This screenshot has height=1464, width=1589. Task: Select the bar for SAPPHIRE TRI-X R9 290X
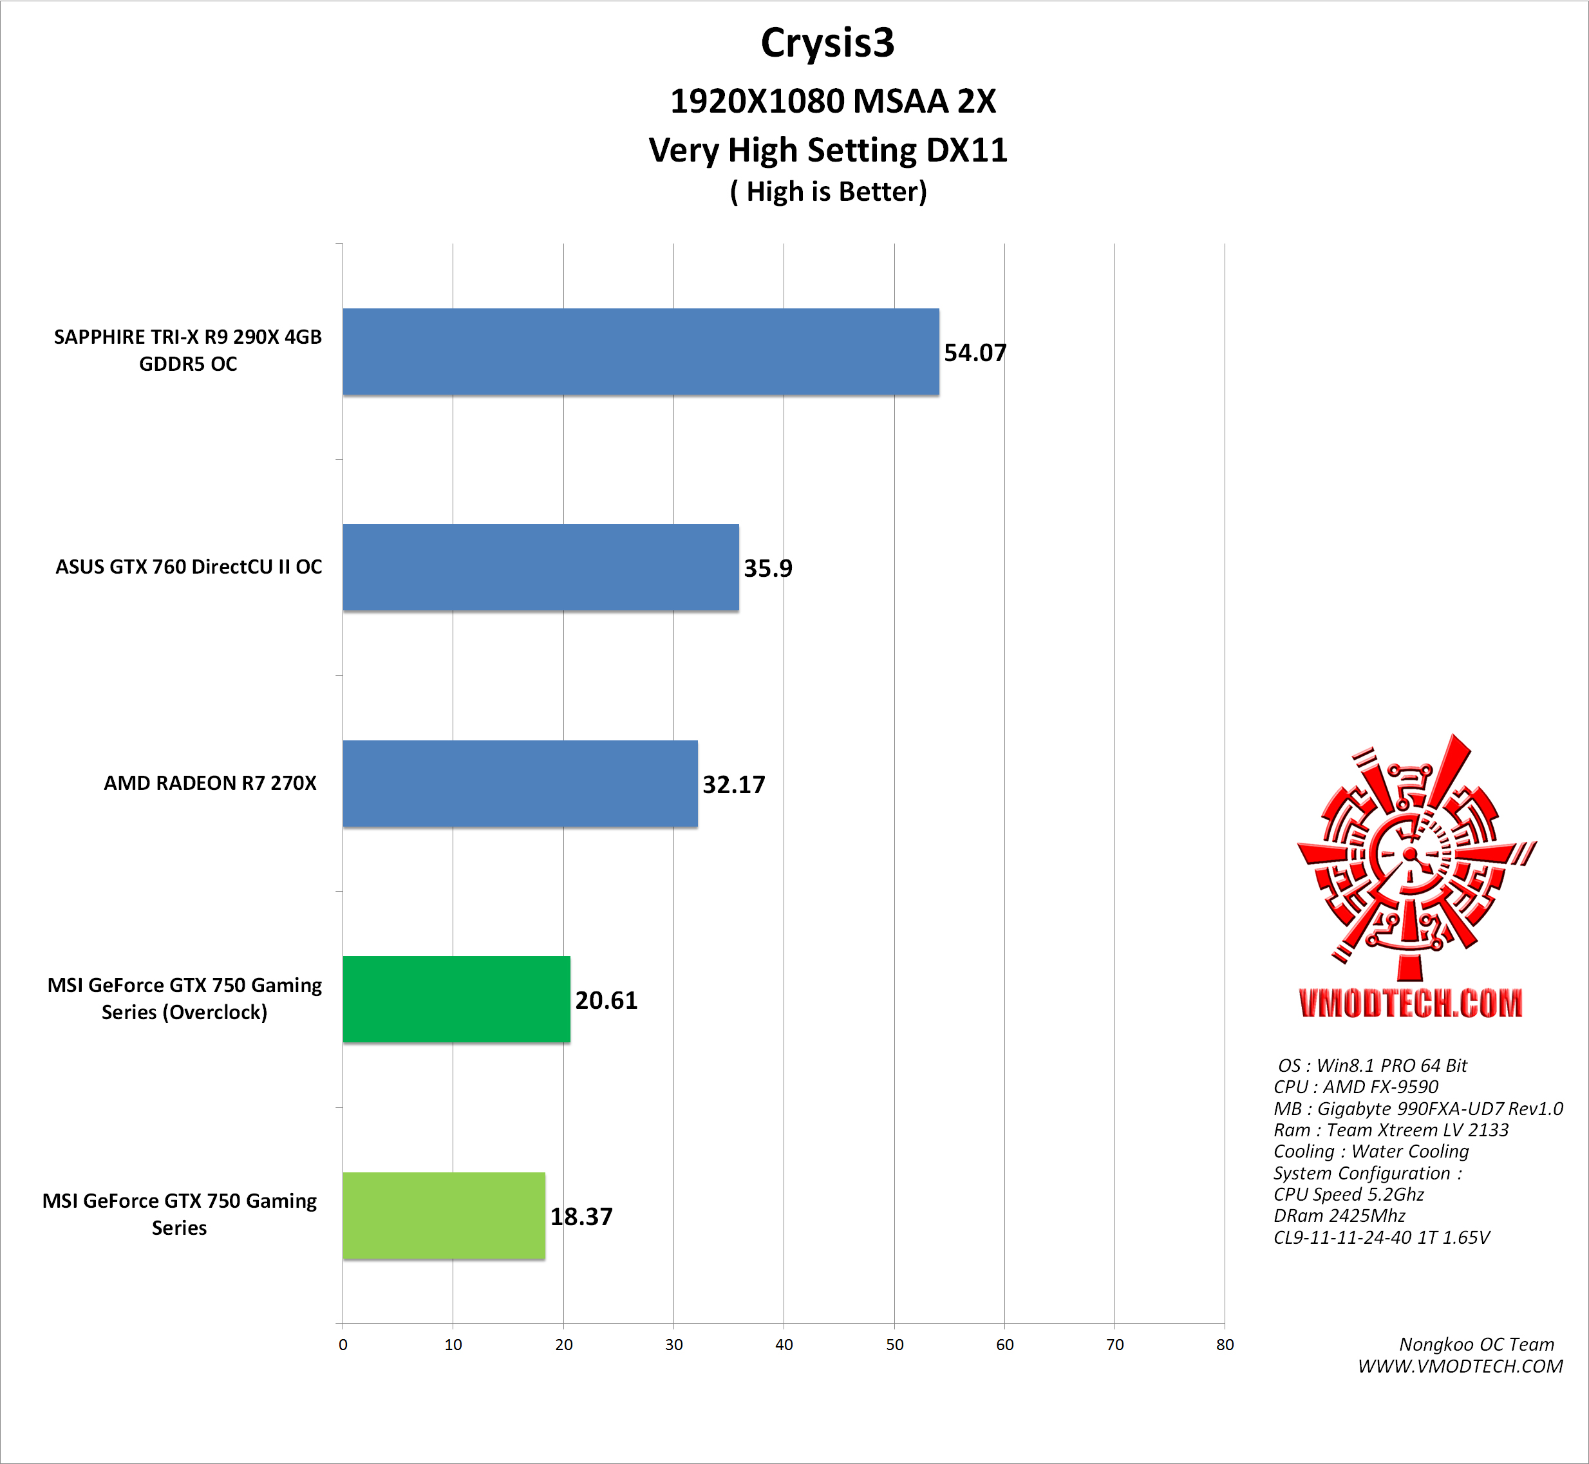click(640, 352)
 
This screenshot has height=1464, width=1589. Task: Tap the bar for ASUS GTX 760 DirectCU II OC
click(540, 567)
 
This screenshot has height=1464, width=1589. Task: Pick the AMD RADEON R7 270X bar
click(520, 784)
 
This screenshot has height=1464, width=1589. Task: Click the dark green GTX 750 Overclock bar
click(456, 999)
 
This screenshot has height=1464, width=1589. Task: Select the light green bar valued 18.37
click(444, 1215)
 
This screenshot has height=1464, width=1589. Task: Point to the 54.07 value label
click(974, 353)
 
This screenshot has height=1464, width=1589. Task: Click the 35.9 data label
click(767, 568)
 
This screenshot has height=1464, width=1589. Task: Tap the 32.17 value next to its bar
click(733, 784)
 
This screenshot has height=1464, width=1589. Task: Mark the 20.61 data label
click(606, 1000)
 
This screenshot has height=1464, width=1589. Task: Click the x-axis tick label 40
click(784, 1344)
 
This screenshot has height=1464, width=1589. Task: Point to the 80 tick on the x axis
click(1225, 1344)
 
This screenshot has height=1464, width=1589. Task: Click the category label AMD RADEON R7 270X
click(210, 783)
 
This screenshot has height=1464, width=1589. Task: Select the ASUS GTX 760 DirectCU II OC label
click(189, 567)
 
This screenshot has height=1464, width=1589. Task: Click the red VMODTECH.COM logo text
click(1410, 1003)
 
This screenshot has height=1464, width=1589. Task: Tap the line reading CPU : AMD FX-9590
click(1355, 1087)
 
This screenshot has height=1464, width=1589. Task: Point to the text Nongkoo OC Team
click(1476, 1344)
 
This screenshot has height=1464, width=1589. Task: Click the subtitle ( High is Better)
click(828, 192)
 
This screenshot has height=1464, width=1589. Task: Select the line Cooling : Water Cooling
click(1370, 1151)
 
